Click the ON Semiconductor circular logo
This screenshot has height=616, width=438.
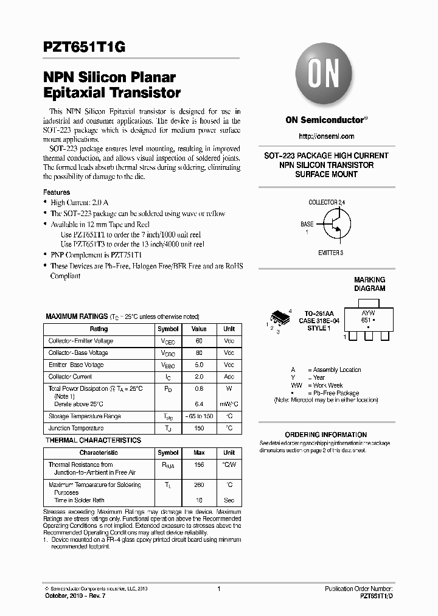325,76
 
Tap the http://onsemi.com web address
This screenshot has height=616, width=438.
326,136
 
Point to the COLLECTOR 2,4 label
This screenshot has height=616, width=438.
327,202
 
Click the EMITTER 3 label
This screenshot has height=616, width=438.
330,252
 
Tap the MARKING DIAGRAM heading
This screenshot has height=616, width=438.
369,284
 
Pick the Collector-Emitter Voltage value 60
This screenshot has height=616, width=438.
200,341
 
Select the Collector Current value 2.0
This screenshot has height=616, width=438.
200,377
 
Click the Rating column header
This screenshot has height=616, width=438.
99,329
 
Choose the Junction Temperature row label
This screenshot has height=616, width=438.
76,429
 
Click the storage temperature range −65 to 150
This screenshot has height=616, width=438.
200,416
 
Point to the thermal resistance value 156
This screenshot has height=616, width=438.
200,464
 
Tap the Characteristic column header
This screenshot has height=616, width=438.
99,453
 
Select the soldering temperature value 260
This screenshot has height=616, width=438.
200,485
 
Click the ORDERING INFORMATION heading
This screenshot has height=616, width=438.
325,435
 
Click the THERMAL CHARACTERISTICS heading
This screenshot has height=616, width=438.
93,440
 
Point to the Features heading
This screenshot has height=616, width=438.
56,192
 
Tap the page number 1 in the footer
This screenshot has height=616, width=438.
218,589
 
